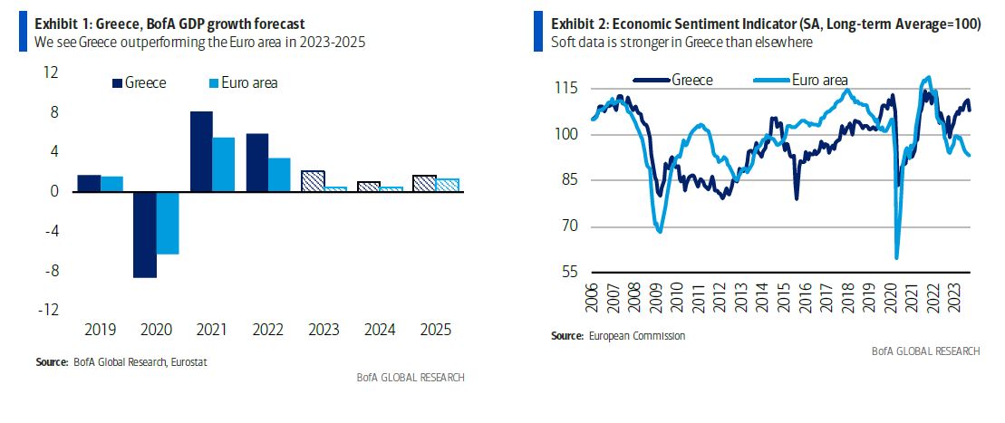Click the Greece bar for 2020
145,234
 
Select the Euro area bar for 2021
223,164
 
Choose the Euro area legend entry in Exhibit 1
243,82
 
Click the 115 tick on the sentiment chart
567,89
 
